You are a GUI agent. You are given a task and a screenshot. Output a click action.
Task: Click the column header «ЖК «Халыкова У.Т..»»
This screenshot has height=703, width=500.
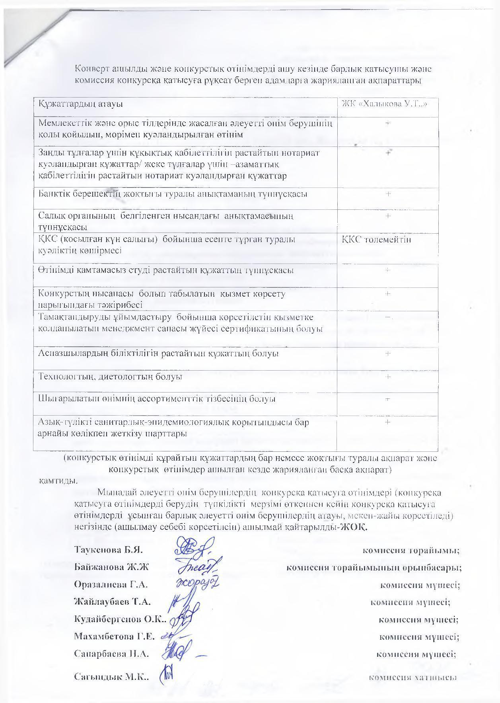tap(385, 104)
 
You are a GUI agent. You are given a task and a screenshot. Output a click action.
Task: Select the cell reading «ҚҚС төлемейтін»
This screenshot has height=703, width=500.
tap(376, 239)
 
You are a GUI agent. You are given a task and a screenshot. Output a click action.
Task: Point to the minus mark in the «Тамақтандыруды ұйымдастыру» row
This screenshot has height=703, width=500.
tap(388, 317)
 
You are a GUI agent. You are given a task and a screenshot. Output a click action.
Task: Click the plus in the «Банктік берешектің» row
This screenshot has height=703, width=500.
tap(388, 194)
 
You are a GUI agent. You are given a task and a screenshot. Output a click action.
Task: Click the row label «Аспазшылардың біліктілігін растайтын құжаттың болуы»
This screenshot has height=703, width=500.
tap(158, 353)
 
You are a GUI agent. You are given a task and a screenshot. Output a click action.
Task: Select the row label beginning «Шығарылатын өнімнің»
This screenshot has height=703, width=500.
tap(156, 399)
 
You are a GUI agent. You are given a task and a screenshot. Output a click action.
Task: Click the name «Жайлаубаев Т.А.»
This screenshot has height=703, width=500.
tap(113, 602)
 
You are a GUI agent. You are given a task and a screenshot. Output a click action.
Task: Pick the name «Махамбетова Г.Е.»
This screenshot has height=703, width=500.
tap(114, 636)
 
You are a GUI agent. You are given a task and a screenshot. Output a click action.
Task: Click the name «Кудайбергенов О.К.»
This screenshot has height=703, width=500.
tap(120, 619)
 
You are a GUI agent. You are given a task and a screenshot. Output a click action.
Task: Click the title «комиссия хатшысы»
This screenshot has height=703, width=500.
tap(412, 677)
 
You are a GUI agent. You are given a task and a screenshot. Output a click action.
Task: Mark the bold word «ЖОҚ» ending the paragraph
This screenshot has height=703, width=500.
tap(358, 528)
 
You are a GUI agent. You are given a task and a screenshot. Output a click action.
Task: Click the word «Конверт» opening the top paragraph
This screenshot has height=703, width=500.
tap(91, 69)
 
